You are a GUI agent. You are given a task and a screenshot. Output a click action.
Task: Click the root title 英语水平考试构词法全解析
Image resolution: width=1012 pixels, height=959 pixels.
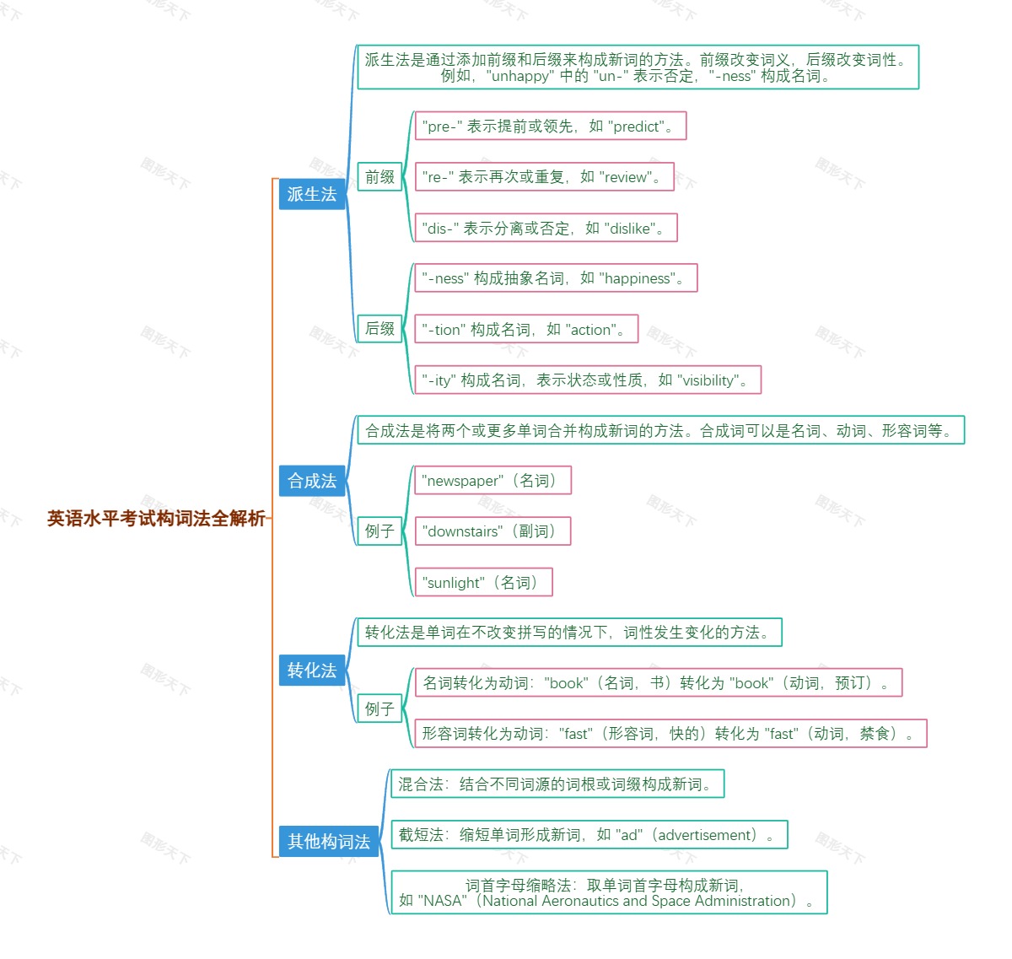[156, 519]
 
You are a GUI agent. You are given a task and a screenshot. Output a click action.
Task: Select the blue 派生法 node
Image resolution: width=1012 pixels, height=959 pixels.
[312, 194]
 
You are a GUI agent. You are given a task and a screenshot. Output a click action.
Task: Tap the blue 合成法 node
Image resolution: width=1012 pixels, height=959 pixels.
[312, 481]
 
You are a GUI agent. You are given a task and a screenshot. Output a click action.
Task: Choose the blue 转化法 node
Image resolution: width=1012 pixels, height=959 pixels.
[312, 671]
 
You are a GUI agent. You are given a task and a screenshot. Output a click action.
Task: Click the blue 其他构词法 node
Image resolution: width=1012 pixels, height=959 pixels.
[329, 841]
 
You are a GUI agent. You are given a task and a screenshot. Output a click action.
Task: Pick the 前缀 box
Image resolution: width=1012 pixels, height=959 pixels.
[379, 177]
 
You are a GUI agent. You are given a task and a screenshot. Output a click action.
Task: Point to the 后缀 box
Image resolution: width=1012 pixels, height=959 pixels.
[379, 329]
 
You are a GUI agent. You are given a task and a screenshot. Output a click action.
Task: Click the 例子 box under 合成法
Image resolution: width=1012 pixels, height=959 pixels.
[379, 531]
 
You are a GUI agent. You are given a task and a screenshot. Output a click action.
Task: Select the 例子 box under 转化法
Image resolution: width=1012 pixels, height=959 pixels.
[379, 709]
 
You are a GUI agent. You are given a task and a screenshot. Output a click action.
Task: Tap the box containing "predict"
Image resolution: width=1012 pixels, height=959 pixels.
[551, 127]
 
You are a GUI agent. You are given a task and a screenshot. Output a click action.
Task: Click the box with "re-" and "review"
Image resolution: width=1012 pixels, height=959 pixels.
[545, 177]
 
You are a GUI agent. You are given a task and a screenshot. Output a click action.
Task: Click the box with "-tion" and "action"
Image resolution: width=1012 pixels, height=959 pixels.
[526, 330]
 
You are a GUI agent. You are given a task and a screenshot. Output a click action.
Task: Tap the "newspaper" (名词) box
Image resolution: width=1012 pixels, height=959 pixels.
[493, 481]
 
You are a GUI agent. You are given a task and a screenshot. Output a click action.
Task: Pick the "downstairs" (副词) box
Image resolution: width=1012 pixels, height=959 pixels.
[493, 531]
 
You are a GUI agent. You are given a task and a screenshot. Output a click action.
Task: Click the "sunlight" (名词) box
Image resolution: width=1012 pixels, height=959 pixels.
[483, 583]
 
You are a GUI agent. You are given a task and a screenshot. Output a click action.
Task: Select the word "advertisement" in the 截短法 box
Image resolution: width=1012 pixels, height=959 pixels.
[707, 835]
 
